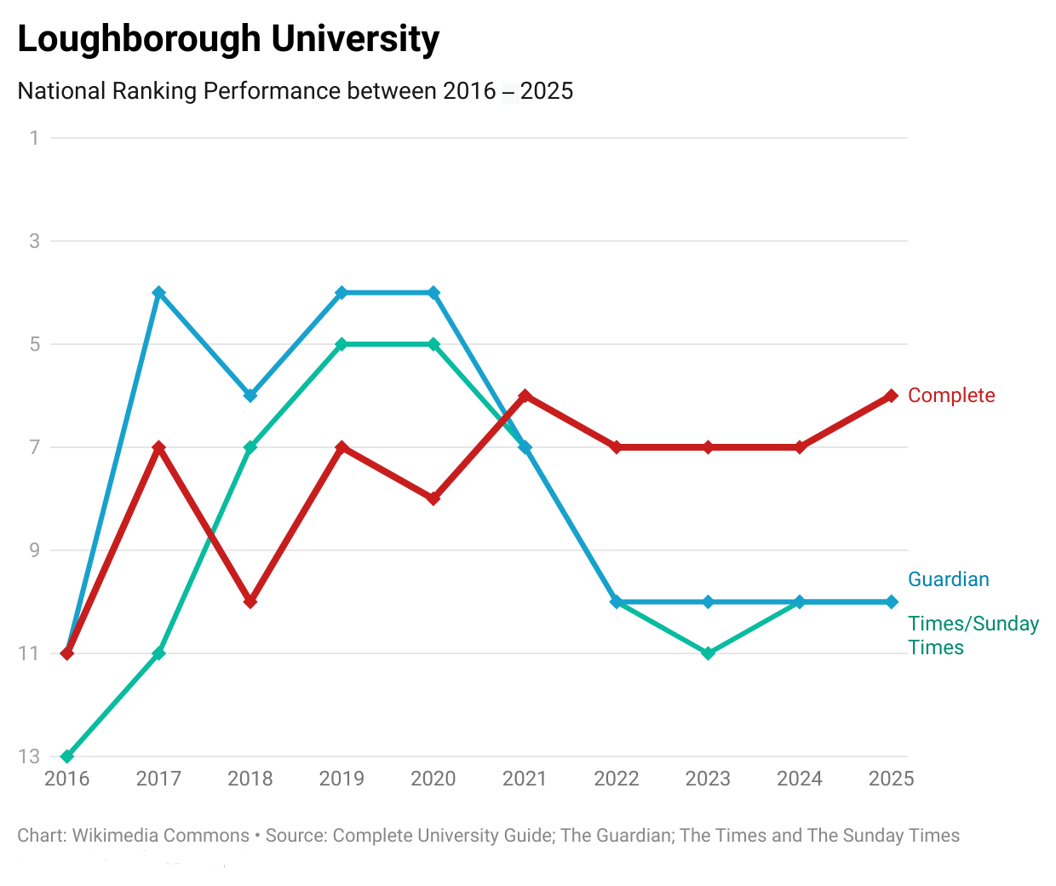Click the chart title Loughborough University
coord(228,39)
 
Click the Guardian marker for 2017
coord(158,292)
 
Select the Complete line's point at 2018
coord(250,601)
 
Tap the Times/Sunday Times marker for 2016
coord(67,757)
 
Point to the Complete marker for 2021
coord(525,395)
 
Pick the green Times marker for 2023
coord(708,653)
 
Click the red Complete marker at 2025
coord(891,395)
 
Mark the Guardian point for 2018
coord(250,395)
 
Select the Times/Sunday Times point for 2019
coord(341,344)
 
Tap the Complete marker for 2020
coord(433,498)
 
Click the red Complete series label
coord(951,395)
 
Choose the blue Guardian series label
coord(949,579)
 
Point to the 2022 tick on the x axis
coord(617,779)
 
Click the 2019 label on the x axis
coord(341,779)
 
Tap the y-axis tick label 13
coord(29,757)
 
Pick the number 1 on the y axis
coord(34,138)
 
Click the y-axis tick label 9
coord(34,550)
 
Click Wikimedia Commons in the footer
coord(161,836)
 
